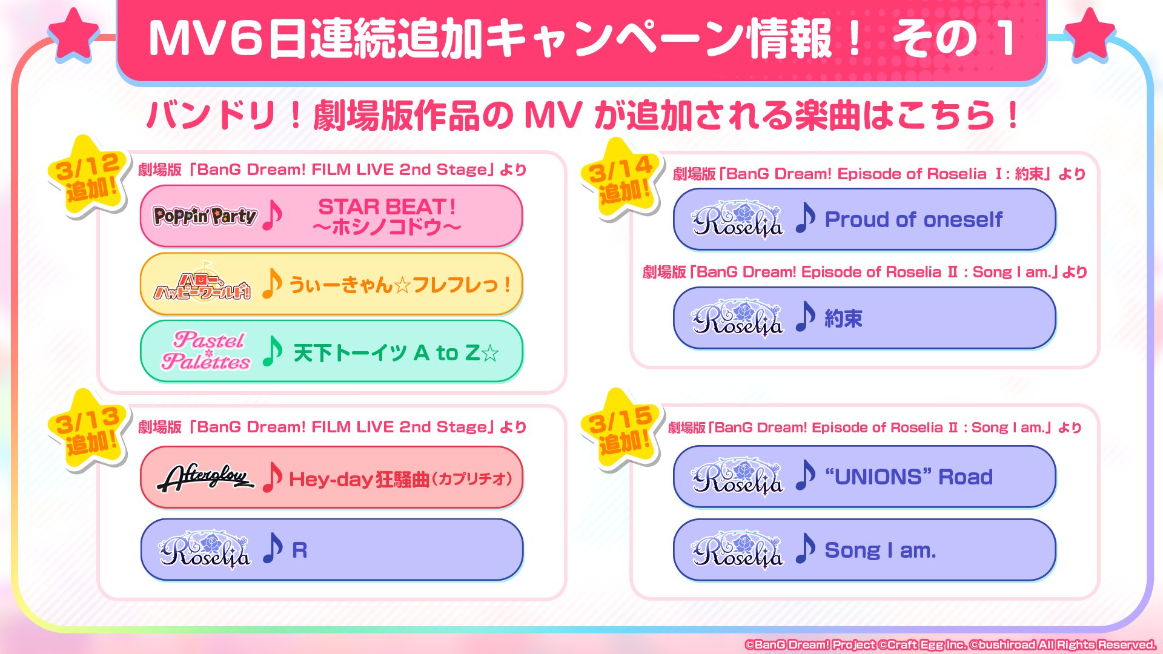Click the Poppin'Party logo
point(205,216)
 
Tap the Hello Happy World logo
point(202,283)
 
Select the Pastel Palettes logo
point(206,351)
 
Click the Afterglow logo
point(205,478)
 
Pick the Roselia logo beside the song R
point(205,550)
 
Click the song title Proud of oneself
point(913,219)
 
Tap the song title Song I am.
point(880,550)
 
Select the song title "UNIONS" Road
point(909,477)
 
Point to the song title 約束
point(843,319)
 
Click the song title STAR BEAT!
point(387,206)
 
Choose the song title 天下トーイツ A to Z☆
point(396,353)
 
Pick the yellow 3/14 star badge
point(621,178)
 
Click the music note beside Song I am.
point(805,548)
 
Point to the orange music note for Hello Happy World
point(272,283)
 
